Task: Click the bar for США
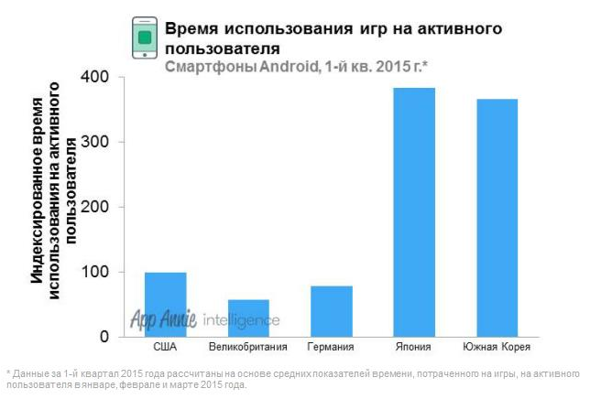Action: [166, 305]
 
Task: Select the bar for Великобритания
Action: [248, 318]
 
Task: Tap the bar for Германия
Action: [332, 311]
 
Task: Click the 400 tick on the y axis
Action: [97, 78]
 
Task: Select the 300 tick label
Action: [97, 143]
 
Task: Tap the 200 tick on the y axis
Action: [97, 208]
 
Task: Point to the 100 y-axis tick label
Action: [97, 273]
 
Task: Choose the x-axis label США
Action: [166, 348]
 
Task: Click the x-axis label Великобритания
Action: [248, 348]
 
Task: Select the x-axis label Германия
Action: [332, 348]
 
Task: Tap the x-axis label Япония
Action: [414, 348]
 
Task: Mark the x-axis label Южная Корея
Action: [497, 348]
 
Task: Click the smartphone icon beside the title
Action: [143, 38]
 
